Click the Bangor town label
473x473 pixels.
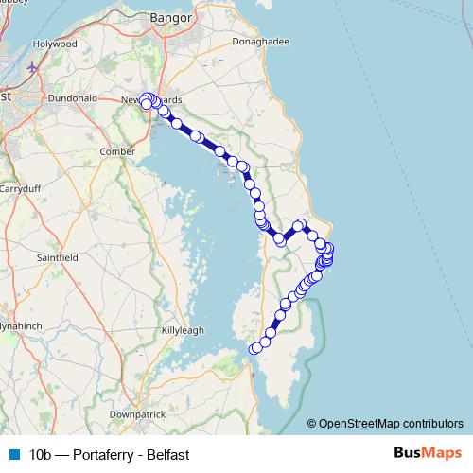pyautogui.click(x=171, y=17)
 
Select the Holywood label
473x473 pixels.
pyautogui.click(x=56, y=44)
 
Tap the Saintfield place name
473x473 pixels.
pyautogui.click(x=57, y=256)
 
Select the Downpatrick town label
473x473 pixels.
pyautogui.click(x=138, y=414)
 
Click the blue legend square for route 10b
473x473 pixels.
pyautogui.click(x=13, y=455)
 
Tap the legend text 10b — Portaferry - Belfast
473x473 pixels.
pyautogui.click(x=109, y=455)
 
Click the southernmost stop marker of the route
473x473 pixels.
pyautogui.click(x=254, y=349)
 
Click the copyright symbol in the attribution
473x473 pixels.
pyautogui.click(x=311, y=423)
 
